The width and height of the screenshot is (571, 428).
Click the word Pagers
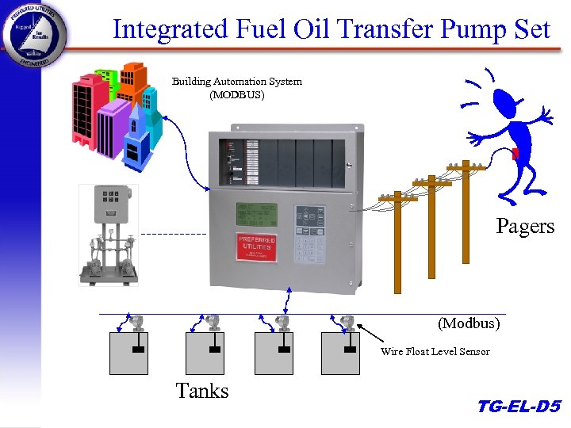point(525,226)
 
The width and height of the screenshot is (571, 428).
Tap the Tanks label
point(202,391)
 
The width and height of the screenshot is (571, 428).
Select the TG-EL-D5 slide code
point(519,407)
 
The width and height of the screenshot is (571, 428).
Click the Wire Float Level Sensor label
point(435,351)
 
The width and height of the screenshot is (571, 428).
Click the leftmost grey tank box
point(128,353)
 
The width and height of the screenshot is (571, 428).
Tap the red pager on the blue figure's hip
point(515,153)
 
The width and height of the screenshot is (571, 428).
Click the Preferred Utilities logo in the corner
point(34,36)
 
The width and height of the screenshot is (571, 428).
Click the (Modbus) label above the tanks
point(469,323)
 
